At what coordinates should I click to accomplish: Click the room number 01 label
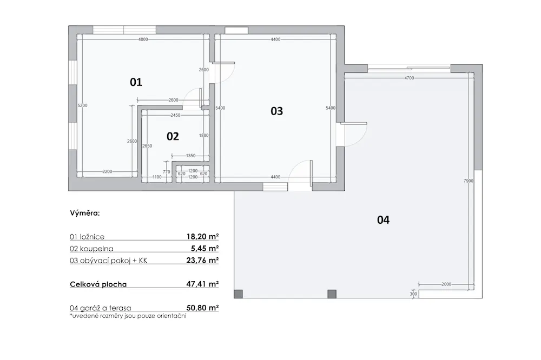(x=136, y=82)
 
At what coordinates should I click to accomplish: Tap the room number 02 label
(x=173, y=137)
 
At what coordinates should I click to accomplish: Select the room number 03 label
(x=276, y=111)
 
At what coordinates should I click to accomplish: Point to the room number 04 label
(x=384, y=220)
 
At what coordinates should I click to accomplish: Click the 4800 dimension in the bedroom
(x=143, y=39)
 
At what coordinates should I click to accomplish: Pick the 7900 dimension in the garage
(x=469, y=181)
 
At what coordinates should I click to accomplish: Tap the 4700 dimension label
(x=409, y=78)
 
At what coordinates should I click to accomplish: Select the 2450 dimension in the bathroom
(x=176, y=115)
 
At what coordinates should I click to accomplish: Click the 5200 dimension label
(x=82, y=105)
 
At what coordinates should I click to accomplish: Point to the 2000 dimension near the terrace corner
(x=446, y=284)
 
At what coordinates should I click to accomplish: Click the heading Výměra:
(x=85, y=213)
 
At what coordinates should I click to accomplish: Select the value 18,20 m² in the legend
(x=202, y=237)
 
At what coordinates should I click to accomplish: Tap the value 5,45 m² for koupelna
(x=205, y=248)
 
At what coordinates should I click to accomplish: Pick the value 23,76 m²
(x=202, y=261)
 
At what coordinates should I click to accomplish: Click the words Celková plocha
(x=98, y=284)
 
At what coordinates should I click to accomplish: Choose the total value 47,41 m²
(x=202, y=284)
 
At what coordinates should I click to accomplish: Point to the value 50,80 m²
(x=202, y=308)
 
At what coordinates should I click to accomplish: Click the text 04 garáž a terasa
(x=101, y=308)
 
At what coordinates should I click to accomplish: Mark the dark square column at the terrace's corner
(x=238, y=294)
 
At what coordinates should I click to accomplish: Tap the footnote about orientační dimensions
(x=128, y=316)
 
